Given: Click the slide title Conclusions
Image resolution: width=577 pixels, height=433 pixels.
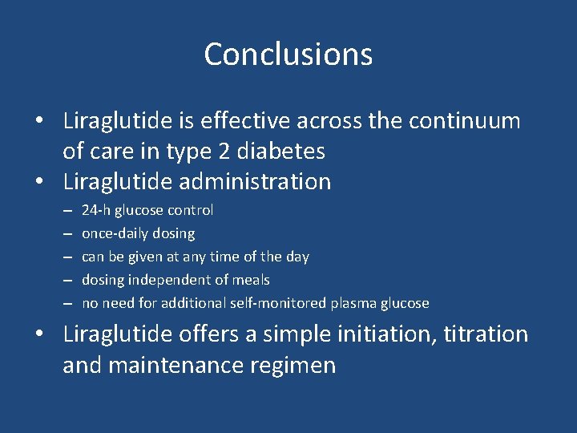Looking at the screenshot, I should coord(288,55).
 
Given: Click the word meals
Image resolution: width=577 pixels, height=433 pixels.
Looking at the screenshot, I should coord(249,280).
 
